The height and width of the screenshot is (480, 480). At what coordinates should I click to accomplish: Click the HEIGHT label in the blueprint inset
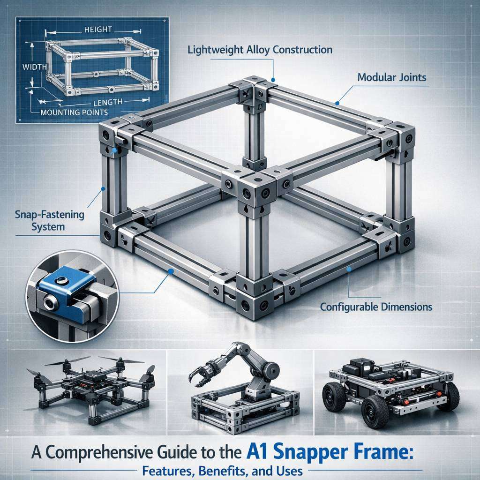pyautogui.click(x=98, y=30)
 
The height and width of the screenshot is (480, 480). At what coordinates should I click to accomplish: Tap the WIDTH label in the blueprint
pyautogui.click(x=35, y=67)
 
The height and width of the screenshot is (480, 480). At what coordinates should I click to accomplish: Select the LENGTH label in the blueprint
pyautogui.click(x=108, y=102)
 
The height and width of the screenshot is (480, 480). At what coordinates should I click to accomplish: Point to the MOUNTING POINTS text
pyautogui.click(x=74, y=112)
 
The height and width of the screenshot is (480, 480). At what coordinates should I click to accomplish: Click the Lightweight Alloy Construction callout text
pyautogui.click(x=260, y=50)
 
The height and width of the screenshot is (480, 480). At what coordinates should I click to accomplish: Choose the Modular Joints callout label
pyautogui.click(x=392, y=77)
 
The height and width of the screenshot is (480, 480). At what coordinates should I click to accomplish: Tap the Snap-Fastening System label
pyautogui.click(x=49, y=221)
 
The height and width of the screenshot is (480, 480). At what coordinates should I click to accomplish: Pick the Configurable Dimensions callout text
pyautogui.click(x=376, y=307)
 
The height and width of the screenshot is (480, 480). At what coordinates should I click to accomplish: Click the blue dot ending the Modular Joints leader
pyautogui.click(x=337, y=103)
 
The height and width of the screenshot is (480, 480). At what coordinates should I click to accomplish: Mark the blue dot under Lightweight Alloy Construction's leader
pyautogui.click(x=273, y=80)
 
